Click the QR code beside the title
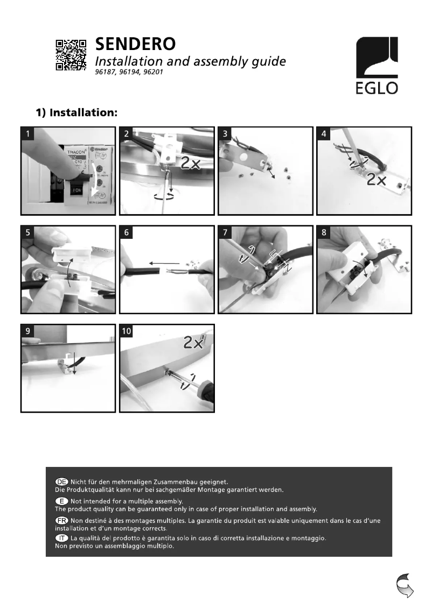pyautogui.click(x=71, y=54)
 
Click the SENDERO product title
pyautogui.click(x=135, y=43)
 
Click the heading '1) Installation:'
pyautogui.click(x=77, y=113)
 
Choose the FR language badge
pyautogui.click(x=62, y=520)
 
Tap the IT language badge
pyautogui.click(x=62, y=538)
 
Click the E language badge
pyautogui.click(x=62, y=501)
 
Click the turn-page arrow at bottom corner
pyautogui.click(x=405, y=585)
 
